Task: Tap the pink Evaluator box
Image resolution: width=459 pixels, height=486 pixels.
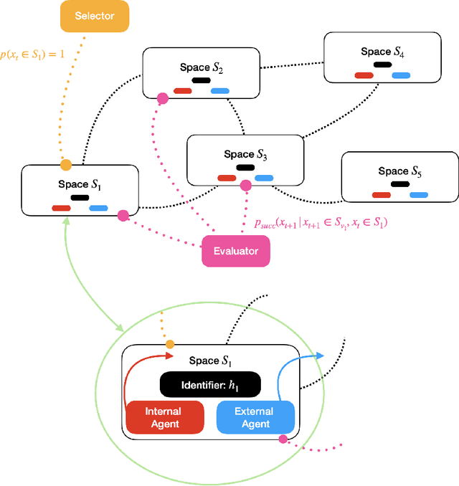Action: pos(235,251)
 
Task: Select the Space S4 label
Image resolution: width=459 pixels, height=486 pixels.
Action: pos(382,51)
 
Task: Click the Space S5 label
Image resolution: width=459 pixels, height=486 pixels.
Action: pos(399,171)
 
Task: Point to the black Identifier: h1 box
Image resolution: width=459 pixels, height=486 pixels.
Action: pos(209,385)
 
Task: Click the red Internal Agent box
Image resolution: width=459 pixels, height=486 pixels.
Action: pos(163,418)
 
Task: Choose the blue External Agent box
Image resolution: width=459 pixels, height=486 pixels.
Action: pos(254,418)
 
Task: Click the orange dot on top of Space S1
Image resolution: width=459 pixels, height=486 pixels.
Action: pos(66,164)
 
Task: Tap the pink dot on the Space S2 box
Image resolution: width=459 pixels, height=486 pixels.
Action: pos(163,97)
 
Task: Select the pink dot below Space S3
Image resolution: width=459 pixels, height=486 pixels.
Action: pos(246,186)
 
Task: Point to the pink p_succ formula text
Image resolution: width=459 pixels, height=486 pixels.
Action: pos(320,224)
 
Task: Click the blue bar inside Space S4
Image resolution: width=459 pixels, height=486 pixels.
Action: pos(400,75)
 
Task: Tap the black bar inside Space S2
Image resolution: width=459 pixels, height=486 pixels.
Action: pos(201,80)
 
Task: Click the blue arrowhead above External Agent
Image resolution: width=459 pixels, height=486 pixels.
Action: pos(319,355)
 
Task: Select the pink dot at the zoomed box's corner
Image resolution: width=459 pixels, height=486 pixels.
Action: pos(283,439)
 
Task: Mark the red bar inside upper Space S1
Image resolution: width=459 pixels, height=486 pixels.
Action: pos(61,208)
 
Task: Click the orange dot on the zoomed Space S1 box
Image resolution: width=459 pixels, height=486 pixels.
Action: pos(170,345)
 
